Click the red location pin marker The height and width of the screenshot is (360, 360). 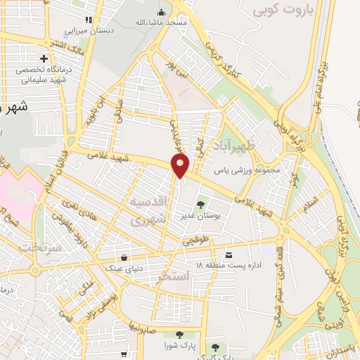coord(181,166)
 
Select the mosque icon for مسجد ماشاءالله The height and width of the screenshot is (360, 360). coord(161,13)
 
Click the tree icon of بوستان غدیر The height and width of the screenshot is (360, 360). coord(201,205)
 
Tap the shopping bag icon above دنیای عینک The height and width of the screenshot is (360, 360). coord(124,257)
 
